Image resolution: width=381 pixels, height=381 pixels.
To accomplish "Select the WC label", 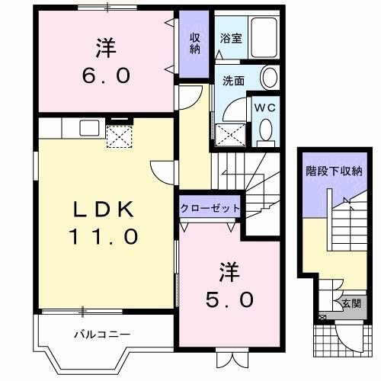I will point(265,108).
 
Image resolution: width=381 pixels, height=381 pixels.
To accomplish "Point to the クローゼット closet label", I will point(211,207).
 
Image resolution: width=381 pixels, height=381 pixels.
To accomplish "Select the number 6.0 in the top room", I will point(105,75).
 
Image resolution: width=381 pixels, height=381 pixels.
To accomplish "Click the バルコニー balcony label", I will point(103,334).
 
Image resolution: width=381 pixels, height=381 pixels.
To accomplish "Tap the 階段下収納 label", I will point(333,170).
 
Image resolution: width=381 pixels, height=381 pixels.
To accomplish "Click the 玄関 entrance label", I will point(351,303).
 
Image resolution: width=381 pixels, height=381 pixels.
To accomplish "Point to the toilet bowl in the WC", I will point(265,130).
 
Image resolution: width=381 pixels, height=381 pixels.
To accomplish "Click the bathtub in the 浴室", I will point(264,34).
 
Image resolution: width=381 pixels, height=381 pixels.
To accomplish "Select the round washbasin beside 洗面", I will point(269,77).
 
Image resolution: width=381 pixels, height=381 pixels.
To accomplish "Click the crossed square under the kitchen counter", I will point(119,136).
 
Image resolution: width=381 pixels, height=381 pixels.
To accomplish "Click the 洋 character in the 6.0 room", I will point(105,47).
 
